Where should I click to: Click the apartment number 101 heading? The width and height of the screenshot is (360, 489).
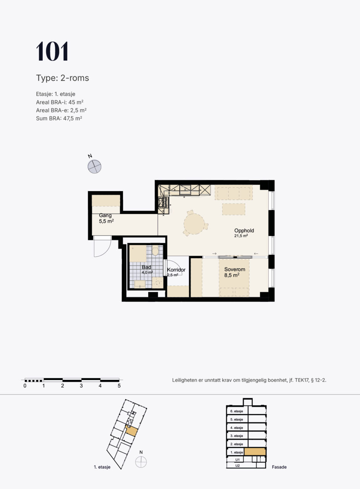pyautogui.click(x=52, y=51)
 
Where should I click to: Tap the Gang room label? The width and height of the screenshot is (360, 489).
pyautogui.click(x=105, y=215)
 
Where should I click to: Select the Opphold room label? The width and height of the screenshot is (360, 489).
pyautogui.click(x=244, y=230)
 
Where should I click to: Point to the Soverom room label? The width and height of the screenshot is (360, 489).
pyautogui.click(x=234, y=269)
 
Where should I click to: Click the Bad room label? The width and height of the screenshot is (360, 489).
pyautogui.click(x=146, y=267)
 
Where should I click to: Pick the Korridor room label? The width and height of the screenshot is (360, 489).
pyautogui.click(x=176, y=270)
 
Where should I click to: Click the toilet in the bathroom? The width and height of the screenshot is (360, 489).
pyautogui.click(x=155, y=250)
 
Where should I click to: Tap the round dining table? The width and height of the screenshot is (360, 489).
pyautogui.click(x=194, y=224)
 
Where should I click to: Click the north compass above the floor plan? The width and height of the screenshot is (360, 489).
pyautogui.click(x=94, y=166)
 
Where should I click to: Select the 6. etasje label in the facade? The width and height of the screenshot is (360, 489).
pyautogui.click(x=237, y=411)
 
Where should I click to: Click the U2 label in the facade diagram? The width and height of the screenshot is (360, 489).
pyautogui.click(x=237, y=465)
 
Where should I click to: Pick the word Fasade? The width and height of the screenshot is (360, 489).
pyautogui.click(x=279, y=467)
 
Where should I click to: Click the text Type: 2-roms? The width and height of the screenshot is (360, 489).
pyautogui.click(x=62, y=78)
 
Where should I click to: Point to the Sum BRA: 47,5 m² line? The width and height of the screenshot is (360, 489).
pyautogui.click(x=59, y=118)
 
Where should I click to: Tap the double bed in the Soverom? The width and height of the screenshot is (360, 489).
pyautogui.click(x=234, y=278)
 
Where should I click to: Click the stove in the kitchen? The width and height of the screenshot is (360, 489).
pyautogui.click(x=163, y=202)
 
